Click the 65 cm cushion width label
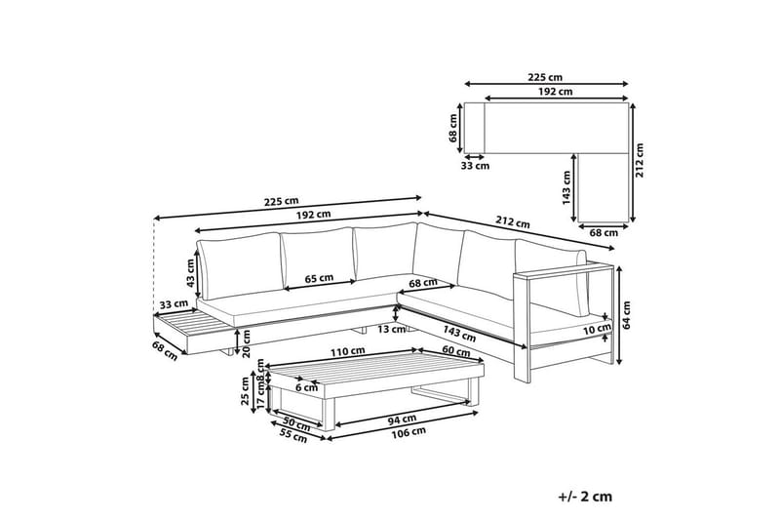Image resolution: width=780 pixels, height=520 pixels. [x=319, y=278]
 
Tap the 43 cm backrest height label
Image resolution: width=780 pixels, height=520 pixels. [x=190, y=273]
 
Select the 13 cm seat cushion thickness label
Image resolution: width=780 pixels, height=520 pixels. [x=392, y=329]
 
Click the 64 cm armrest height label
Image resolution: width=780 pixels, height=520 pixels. [x=626, y=314]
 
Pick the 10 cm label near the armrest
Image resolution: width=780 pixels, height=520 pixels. [x=597, y=328]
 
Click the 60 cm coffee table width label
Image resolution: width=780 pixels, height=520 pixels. [x=456, y=352]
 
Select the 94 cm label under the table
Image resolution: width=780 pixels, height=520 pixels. [x=402, y=420]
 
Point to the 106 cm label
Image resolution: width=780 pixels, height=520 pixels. [x=408, y=432]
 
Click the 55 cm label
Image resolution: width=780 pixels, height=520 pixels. [x=293, y=437]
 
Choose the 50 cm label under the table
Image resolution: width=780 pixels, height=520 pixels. [x=296, y=426]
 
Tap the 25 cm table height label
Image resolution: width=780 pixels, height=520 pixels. [x=245, y=391]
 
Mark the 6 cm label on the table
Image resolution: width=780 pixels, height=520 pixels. [x=306, y=387]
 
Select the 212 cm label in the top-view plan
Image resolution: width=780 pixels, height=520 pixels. [x=640, y=160]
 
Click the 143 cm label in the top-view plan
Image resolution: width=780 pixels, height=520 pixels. [x=565, y=188]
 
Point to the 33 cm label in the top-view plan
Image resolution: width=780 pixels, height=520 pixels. [x=475, y=166]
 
